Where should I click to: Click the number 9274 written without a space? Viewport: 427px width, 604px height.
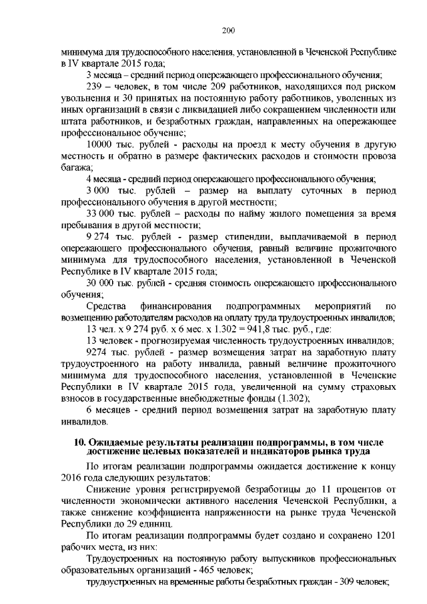tap(97, 352)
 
